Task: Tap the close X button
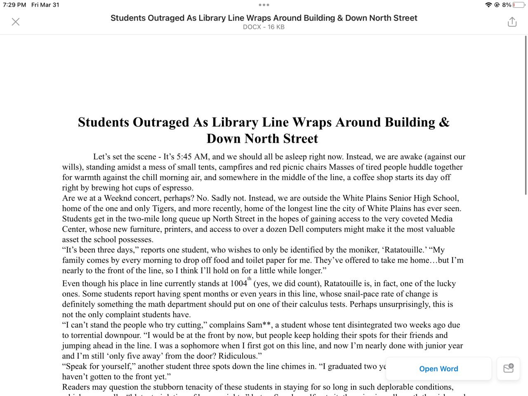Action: click(16, 22)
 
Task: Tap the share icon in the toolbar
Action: click(512, 22)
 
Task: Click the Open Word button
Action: click(438, 369)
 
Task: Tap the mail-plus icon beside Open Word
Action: click(508, 368)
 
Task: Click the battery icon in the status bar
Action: click(519, 5)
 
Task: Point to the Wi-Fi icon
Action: click(488, 5)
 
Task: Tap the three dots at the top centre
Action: click(264, 5)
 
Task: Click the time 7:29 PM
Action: click(14, 5)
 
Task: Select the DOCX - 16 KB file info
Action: click(264, 27)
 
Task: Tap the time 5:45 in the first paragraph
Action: click(184, 157)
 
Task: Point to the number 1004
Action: click(238, 284)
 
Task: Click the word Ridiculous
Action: click(238, 356)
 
